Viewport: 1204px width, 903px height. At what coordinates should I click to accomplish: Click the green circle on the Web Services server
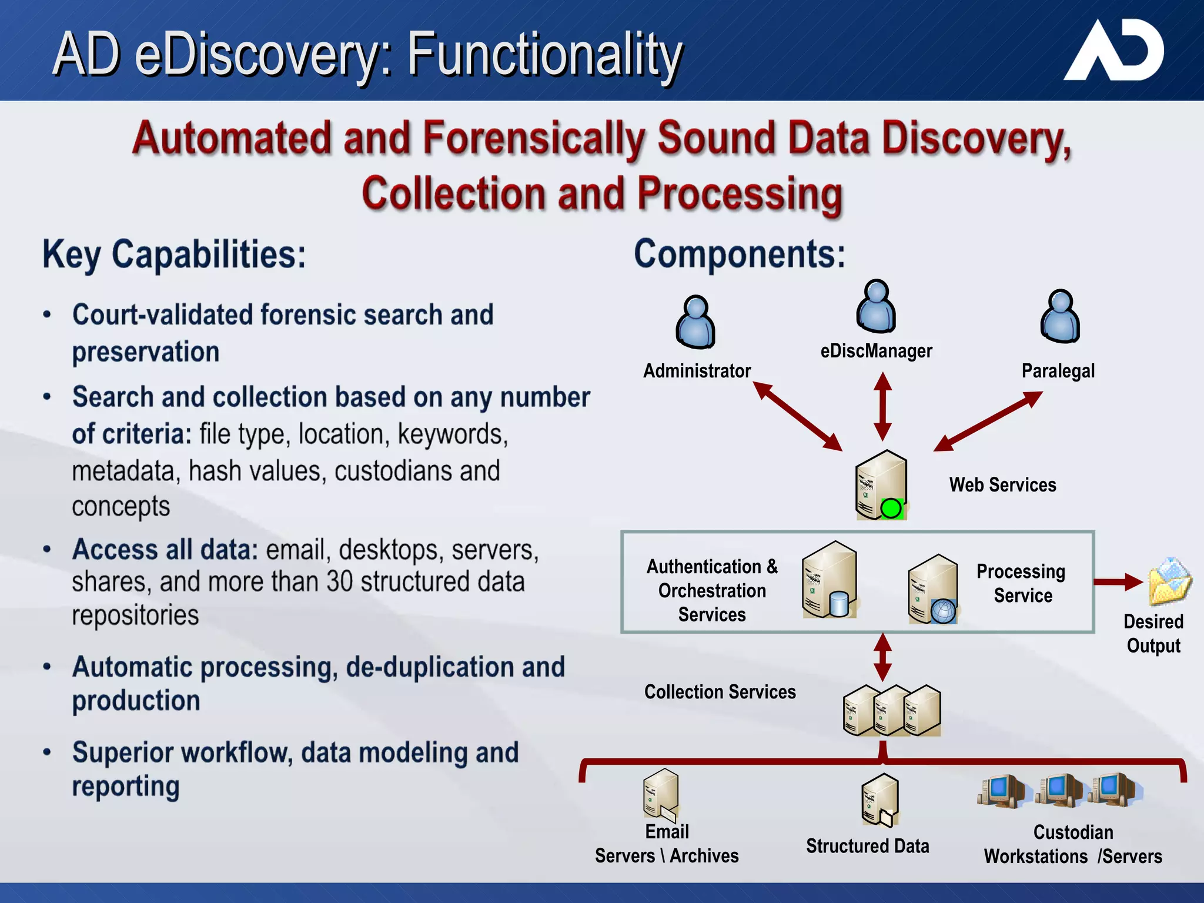891,508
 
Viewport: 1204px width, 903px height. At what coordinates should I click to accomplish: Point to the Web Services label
1002,485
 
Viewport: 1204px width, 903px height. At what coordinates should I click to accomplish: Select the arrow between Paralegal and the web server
988,421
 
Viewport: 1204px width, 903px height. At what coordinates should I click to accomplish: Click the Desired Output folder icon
1169,581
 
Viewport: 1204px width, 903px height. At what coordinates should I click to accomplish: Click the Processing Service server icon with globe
934,589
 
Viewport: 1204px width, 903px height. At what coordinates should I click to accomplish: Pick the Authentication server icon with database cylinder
830,580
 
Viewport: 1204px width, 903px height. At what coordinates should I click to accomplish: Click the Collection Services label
720,692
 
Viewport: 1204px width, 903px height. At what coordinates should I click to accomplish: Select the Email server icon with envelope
661,795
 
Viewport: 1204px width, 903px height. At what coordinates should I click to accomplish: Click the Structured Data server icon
880,800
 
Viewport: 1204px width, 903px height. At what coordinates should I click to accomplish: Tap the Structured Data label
867,846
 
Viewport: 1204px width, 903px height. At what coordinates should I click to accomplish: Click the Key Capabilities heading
174,255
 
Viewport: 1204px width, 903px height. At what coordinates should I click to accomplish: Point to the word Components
739,254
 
